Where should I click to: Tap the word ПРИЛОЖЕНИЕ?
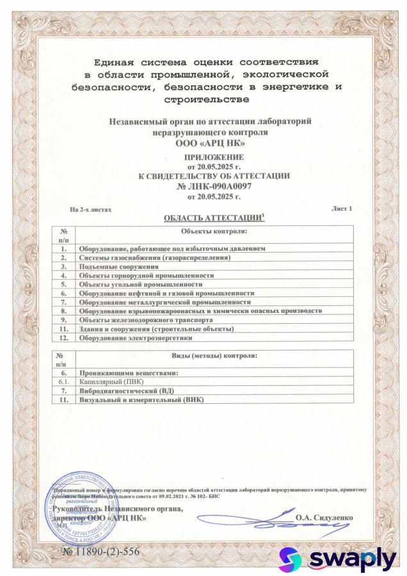(214, 157)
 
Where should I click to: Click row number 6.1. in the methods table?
(63, 381)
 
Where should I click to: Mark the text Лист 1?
(342, 209)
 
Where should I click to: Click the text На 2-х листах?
(90, 209)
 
